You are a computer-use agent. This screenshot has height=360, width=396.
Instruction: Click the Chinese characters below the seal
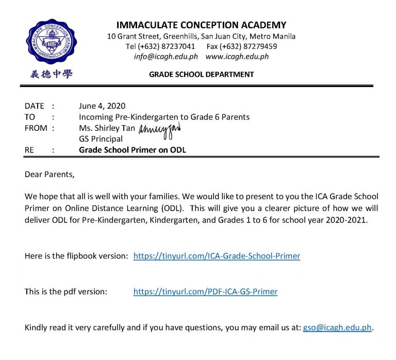point(51,74)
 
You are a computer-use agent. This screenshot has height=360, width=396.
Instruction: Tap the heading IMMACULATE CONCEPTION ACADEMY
point(201,25)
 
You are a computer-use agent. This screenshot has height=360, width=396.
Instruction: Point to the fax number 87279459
point(253,46)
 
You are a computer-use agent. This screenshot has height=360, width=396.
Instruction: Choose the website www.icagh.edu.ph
point(237,57)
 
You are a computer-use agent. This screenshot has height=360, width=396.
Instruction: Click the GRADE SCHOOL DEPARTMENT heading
point(201,75)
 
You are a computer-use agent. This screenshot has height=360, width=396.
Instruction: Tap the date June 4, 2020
point(102,106)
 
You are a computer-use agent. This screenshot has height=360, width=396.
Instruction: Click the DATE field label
point(35,106)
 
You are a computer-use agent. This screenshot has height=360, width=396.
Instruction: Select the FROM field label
point(36,128)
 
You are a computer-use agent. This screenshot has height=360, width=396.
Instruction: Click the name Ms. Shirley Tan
point(107,128)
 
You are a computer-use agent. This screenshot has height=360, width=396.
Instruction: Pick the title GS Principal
point(101,139)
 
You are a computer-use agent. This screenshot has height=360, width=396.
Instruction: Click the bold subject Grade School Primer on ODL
point(132,150)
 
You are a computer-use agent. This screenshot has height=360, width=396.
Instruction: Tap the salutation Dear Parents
point(49,174)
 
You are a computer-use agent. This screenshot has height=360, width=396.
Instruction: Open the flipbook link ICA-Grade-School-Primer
point(217,255)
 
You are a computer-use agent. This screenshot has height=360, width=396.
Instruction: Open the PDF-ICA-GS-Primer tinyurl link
point(205,292)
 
